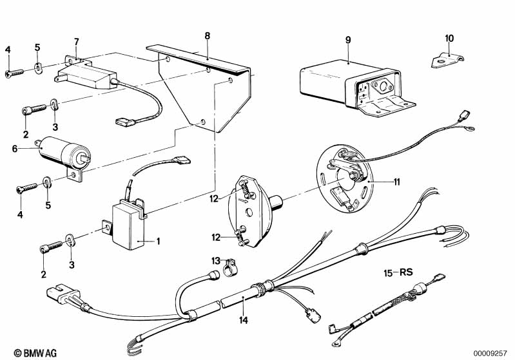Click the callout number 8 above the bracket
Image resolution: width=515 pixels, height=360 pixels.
[x=208, y=36]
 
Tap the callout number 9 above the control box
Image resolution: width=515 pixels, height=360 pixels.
[x=348, y=40]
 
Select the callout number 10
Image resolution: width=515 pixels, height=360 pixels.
[x=449, y=39]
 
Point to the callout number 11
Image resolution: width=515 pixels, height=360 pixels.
[x=397, y=182]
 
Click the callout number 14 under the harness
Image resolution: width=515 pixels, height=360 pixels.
[x=244, y=320]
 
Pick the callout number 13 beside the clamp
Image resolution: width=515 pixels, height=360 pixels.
[x=216, y=261]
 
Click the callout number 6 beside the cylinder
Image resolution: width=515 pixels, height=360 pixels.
[x=14, y=149]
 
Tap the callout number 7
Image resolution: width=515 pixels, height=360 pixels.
[x=77, y=42]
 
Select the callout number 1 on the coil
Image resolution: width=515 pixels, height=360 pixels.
[x=158, y=242]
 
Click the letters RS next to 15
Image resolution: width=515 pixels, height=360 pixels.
[x=406, y=272]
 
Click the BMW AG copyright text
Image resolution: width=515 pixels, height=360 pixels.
[x=35, y=353]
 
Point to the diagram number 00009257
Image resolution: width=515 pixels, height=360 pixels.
[x=490, y=354]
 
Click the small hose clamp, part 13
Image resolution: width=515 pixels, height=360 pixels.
[x=230, y=267]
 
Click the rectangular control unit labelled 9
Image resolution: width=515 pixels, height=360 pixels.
[x=356, y=86]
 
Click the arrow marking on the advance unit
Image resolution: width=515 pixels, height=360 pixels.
[x=243, y=200]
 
